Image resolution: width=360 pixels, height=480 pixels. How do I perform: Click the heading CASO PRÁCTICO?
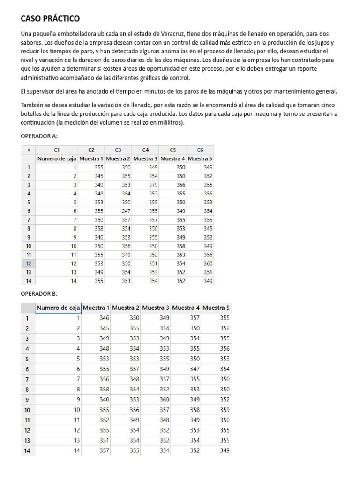50,19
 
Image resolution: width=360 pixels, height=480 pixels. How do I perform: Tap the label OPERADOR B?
39,293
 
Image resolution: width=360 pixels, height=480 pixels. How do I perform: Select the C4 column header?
146,150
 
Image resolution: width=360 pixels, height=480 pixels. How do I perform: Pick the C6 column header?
200,150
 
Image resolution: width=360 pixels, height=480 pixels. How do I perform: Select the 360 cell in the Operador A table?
207,263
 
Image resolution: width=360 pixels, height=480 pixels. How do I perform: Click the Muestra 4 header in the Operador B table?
186,308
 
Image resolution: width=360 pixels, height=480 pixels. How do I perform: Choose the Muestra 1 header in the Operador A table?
91,158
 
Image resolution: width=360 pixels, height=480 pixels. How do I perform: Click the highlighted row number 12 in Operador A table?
29,263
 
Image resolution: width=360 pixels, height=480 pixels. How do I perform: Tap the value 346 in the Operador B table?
104,318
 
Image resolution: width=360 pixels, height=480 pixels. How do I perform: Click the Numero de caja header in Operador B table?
58,308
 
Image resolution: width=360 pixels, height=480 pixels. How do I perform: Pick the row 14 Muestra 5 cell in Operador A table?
207,281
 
